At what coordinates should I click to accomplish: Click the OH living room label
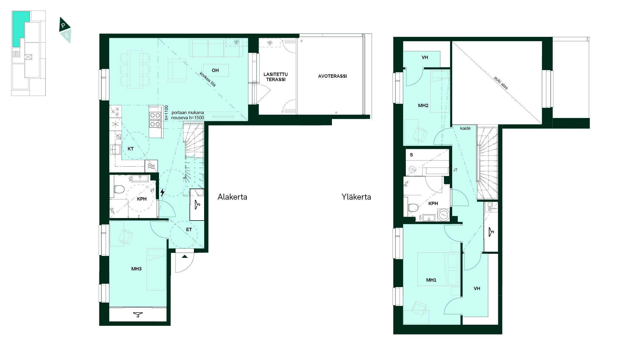click(x=215, y=70)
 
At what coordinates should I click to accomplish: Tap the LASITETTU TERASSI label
click(x=276, y=77)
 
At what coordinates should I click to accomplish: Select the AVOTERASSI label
click(x=332, y=76)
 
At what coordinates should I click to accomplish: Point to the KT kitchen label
click(x=131, y=149)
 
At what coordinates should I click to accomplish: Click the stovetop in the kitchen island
click(x=155, y=119)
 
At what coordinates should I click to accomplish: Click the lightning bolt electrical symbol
click(x=163, y=192)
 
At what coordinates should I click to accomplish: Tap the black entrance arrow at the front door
click(x=185, y=257)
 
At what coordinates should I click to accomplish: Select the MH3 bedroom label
click(x=136, y=269)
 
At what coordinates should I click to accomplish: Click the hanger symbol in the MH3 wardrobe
click(x=138, y=315)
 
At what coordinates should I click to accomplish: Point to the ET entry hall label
click(x=189, y=230)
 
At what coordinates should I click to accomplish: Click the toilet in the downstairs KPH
click(x=119, y=190)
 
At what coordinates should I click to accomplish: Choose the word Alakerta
click(x=232, y=197)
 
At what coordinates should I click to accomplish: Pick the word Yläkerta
click(x=356, y=197)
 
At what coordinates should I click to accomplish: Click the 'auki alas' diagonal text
click(x=501, y=83)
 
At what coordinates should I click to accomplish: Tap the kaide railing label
click(x=465, y=128)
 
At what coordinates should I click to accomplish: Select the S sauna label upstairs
click(x=411, y=155)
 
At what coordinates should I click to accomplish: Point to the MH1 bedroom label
click(x=431, y=280)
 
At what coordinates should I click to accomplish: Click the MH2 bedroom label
click(x=423, y=106)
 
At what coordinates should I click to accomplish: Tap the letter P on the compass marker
click(x=63, y=26)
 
